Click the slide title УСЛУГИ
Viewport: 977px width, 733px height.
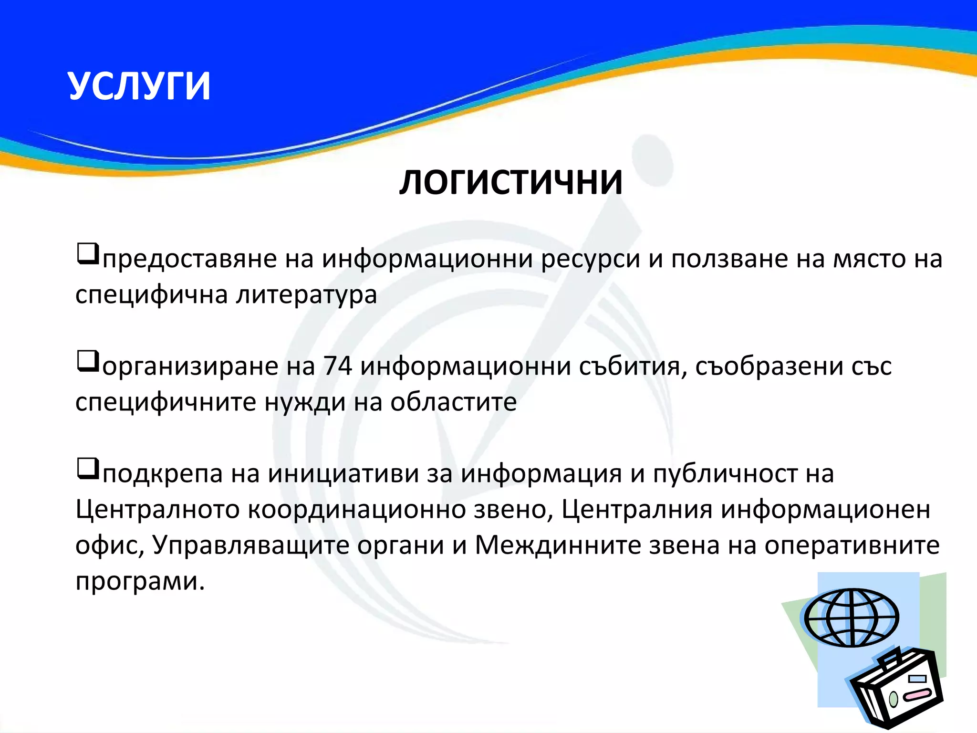139,86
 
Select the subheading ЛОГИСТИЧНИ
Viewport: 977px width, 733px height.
511,183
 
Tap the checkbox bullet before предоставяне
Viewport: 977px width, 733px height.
88,254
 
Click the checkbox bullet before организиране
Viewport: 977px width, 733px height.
88,362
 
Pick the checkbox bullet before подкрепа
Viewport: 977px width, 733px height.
88,469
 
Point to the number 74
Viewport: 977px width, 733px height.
337,366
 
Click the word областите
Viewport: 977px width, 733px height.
453,402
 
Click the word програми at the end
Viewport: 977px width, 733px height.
140,581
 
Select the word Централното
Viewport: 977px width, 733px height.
157,509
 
